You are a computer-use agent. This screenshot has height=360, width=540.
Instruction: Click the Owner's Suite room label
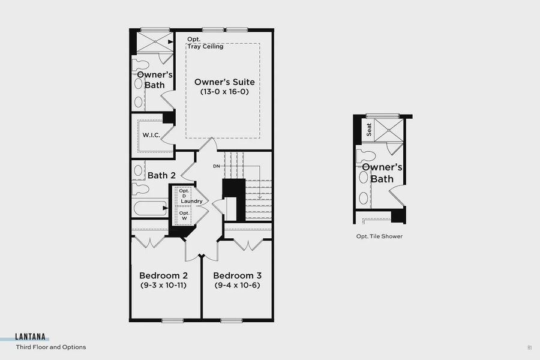(224, 82)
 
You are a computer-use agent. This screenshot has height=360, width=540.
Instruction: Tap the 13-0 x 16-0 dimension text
(224, 92)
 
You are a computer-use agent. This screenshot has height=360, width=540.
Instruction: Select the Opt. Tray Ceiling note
(205, 43)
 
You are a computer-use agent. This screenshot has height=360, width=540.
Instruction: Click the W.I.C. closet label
(150, 134)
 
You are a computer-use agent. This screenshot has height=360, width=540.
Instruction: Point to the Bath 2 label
(161, 175)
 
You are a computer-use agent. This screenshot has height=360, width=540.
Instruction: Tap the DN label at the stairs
(217, 166)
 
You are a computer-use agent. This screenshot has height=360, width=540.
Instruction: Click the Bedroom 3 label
(238, 275)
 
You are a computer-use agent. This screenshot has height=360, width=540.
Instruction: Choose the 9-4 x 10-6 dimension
(238, 285)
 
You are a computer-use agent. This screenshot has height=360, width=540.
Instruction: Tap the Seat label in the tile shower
(370, 129)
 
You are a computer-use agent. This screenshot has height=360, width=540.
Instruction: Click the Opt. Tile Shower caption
(379, 236)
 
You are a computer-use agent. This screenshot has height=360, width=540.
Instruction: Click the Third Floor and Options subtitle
(51, 347)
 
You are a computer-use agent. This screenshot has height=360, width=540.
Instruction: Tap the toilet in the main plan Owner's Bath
(142, 65)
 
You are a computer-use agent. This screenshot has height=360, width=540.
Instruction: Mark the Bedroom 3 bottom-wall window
(231, 320)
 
